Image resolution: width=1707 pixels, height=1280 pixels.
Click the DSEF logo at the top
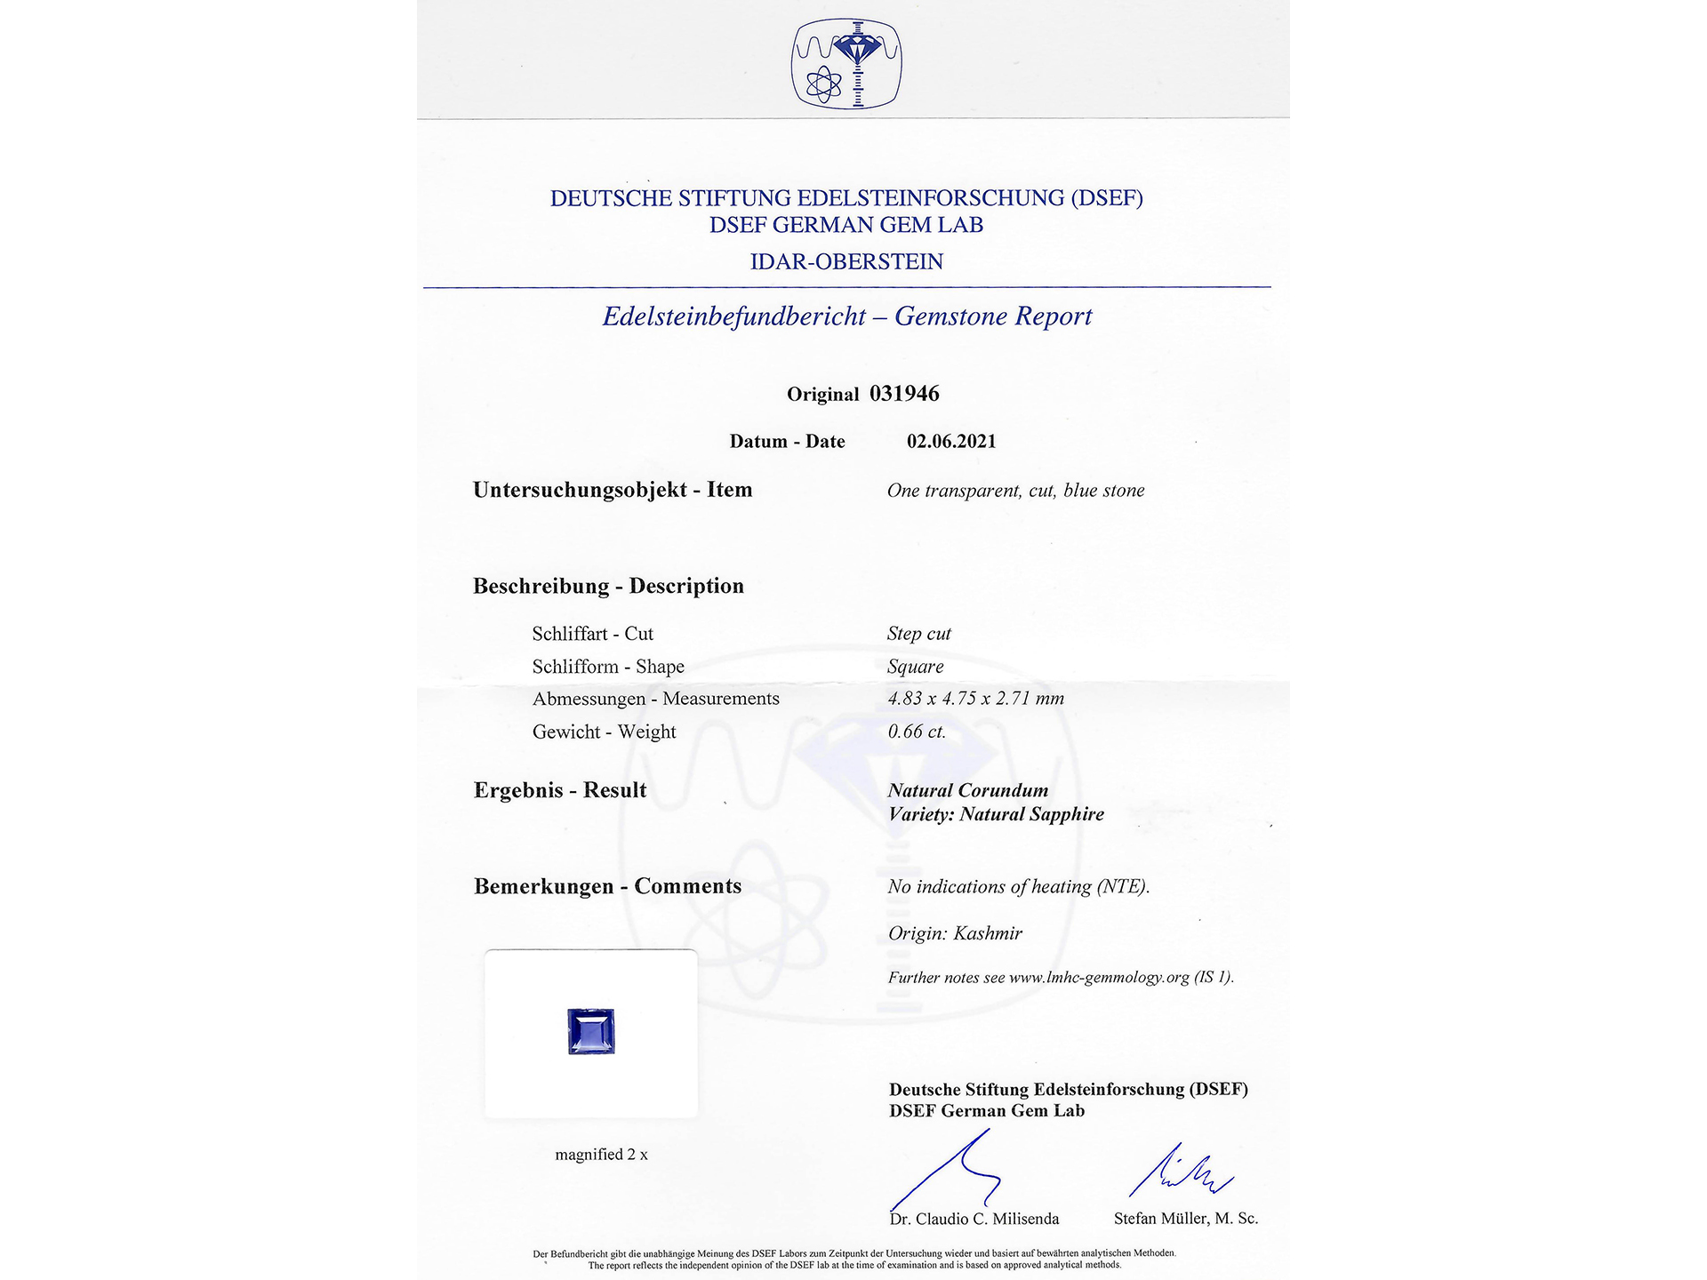846,64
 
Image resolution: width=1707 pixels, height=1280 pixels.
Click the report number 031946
904,394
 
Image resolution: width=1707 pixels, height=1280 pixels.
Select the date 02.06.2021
951,442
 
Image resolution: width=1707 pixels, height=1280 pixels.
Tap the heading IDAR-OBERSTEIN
846,262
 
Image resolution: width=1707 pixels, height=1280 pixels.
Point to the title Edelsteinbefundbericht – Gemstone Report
846,316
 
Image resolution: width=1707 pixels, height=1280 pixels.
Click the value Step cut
918,634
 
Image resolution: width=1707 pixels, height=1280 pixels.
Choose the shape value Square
915,667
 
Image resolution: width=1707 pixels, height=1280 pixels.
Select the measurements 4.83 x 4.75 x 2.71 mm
975,699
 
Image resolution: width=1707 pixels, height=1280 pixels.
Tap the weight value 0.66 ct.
917,732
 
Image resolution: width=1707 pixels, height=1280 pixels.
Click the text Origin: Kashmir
955,933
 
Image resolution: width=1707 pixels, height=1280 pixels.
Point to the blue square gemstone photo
591,1032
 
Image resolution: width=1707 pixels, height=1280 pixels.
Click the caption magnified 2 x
601,1155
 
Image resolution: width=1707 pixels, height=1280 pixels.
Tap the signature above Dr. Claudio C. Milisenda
951,1169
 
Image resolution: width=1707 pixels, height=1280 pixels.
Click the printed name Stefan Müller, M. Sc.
1185,1219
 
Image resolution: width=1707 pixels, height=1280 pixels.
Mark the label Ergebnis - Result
560,790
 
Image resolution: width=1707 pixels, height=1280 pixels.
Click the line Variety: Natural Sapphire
996,814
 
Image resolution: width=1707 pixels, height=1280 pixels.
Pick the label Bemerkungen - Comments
607,886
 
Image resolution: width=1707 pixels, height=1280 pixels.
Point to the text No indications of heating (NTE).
1018,886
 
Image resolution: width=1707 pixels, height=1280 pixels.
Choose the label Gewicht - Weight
604,732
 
